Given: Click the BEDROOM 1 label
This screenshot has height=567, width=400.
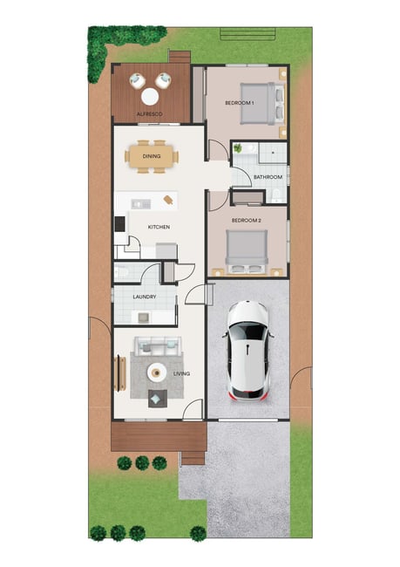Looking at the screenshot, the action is [239, 103].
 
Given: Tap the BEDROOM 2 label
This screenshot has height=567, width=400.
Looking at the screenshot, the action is [247, 220].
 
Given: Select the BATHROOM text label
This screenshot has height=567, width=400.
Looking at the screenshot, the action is [268, 177].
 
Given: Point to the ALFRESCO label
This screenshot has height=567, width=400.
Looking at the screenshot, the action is [150, 114].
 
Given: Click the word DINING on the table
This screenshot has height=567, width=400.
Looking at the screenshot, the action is [152, 156].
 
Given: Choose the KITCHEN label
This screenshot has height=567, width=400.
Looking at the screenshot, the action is [159, 227].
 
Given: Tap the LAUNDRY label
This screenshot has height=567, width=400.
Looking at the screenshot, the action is [145, 297].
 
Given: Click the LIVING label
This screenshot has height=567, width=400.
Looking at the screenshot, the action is [181, 374].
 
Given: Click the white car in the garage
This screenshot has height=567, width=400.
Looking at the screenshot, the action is [248, 351].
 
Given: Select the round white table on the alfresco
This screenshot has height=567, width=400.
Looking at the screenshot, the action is [150, 97].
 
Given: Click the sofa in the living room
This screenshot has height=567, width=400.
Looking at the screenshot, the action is [158, 346].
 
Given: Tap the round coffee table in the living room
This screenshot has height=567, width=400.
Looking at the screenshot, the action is [157, 372].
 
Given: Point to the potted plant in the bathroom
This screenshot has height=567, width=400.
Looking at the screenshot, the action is [238, 148].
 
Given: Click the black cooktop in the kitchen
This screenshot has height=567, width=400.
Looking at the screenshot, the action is [119, 224].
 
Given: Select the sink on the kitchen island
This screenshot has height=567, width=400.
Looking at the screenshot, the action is [141, 204].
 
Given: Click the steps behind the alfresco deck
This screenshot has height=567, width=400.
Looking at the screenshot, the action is [180, 58].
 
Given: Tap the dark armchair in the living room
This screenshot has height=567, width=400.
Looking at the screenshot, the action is [158, 399].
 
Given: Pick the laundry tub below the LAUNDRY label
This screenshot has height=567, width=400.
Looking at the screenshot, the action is [144, 318].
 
